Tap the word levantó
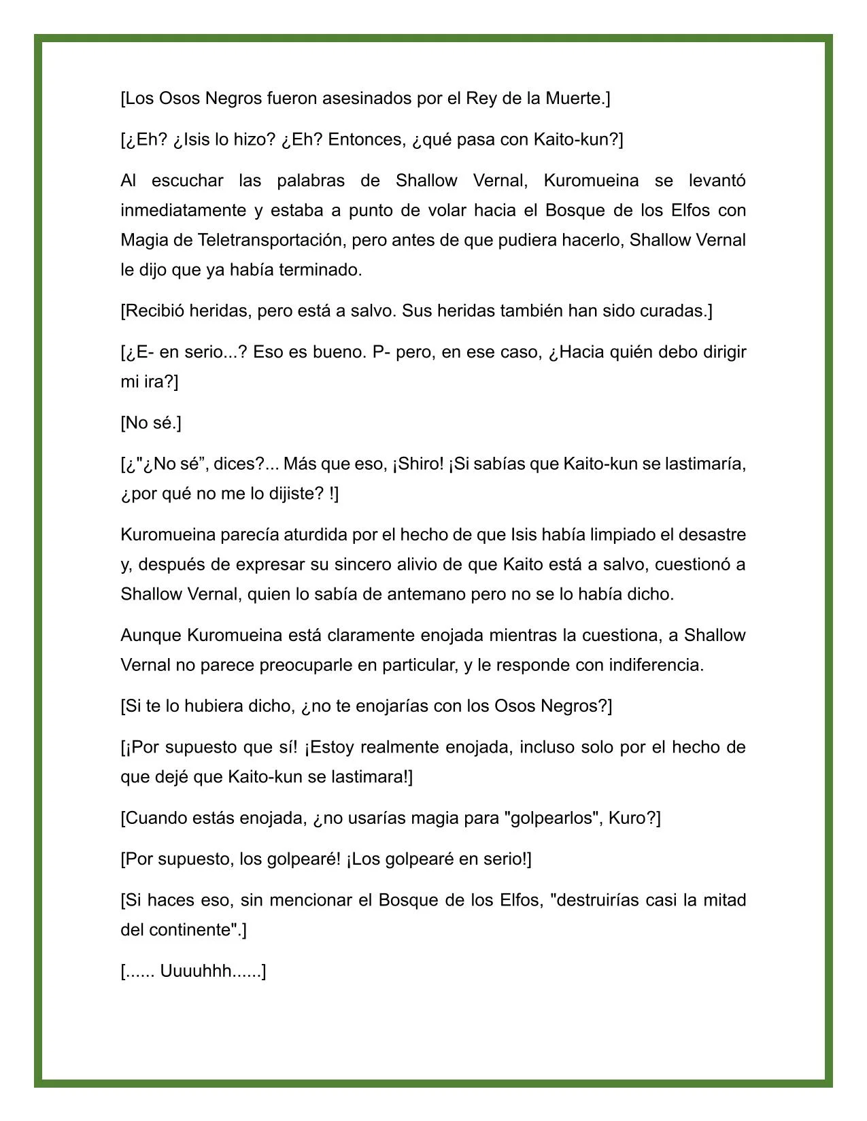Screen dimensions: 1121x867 pos(717,181)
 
